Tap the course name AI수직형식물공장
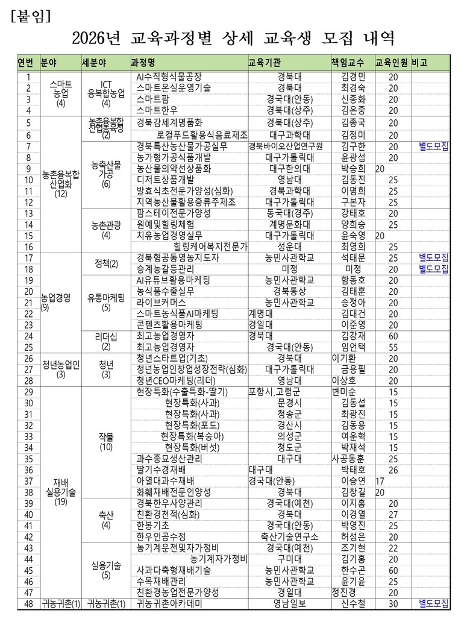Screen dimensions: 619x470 [x=169, y=77]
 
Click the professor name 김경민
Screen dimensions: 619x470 [x=353, y=77]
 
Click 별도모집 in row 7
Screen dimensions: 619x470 [x=434, y=146]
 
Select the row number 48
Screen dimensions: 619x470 [x=28, y=603]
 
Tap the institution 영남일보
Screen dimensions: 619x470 [x=290, y=603]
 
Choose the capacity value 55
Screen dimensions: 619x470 [x=393, y=347]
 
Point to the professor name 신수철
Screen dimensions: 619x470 [x=353, y=603]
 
